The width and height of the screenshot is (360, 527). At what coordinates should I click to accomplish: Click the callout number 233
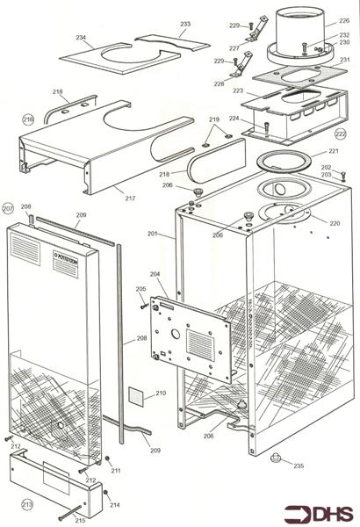(184, 24)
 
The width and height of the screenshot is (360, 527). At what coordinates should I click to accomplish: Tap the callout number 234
(81, 38)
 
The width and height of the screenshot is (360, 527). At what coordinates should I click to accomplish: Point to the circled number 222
(341, 134)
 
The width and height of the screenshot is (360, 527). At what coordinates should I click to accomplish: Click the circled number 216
(28, 119)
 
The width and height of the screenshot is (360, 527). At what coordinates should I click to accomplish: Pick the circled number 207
(9, 208)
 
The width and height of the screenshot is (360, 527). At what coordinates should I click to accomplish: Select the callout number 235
(299, 466)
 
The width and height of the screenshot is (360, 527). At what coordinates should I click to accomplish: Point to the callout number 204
(157, 275)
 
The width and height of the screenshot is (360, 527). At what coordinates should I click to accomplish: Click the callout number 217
(130, 199)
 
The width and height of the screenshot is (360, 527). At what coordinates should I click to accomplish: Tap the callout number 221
(333, 152)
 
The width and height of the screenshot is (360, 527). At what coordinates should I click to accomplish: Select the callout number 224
(234, 118)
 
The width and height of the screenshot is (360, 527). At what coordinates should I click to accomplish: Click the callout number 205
(140, 289)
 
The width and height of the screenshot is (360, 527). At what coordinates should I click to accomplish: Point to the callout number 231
(344, 60)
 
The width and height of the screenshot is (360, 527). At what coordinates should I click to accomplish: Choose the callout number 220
(334, 223)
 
